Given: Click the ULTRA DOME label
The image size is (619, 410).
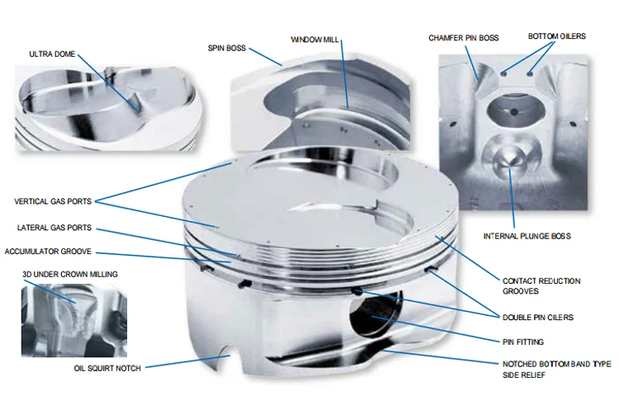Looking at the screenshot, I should (x=51, y=54).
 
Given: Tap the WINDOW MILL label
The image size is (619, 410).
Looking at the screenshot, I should (x=315, y=39).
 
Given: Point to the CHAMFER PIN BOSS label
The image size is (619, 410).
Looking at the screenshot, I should (x=463, y=38).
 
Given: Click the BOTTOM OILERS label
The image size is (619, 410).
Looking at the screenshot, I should (x=556, y=37).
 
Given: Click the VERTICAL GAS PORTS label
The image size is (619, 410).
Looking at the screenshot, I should (x=53, y=201).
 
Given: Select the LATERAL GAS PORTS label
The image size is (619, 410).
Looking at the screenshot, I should (x=54, y=228).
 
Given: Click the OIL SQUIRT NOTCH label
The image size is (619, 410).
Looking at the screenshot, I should (x=106, y=368).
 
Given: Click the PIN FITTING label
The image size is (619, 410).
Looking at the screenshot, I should (x=522, y=341).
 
